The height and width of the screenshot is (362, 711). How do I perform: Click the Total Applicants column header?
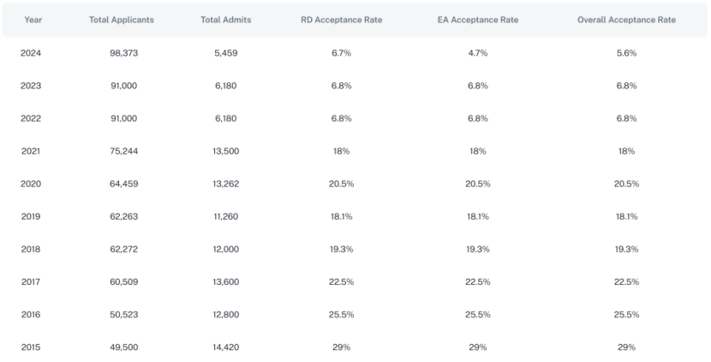click(121, 20)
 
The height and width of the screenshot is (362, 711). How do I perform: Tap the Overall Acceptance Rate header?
click(625, 20)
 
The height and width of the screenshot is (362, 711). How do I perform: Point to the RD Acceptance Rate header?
click(340, 20)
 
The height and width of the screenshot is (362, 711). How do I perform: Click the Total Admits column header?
click(225, 20)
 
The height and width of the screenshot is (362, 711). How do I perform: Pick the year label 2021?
click(31, 151)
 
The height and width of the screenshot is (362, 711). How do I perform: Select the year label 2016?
click(31, 314)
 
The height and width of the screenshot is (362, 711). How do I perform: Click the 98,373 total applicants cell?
click(121, 53)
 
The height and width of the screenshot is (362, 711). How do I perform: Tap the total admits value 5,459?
click(225, 53)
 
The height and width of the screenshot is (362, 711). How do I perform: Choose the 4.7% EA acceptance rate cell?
click(478, 53)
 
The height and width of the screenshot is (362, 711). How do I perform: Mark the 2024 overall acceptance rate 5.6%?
click(626, 53)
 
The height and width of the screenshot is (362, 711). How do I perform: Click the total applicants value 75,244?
click(121, 151)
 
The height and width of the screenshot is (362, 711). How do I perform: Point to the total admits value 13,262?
click(225, 184)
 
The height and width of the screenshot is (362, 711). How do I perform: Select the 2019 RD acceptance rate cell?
click(340, 216)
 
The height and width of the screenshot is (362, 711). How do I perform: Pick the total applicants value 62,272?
click(121, 249)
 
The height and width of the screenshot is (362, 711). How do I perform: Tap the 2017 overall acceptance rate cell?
click(626, 281)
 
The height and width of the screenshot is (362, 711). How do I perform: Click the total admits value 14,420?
click(225, 347)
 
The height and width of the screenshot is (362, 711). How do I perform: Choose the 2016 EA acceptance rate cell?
click(478, 314)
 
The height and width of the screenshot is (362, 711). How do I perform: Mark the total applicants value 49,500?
click(121, 347)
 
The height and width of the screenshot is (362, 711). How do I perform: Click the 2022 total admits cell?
click(225, 118)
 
